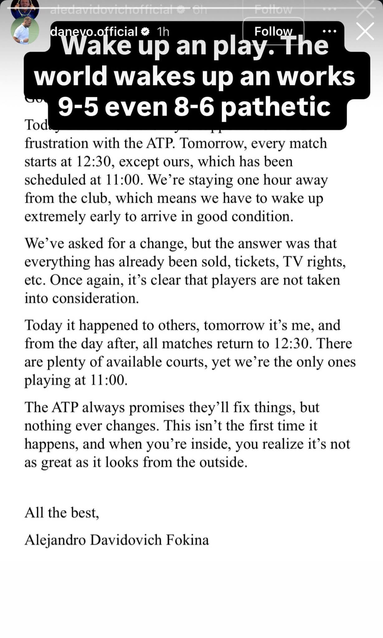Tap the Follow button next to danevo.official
[x=273, y=31]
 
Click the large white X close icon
[x=365, y=31]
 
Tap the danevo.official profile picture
[x=25, y=31]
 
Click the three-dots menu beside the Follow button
[x=329, y=31]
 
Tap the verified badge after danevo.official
[x=145, y=31]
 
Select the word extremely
[x=55, y=217]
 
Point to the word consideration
[x=95, y=298]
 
